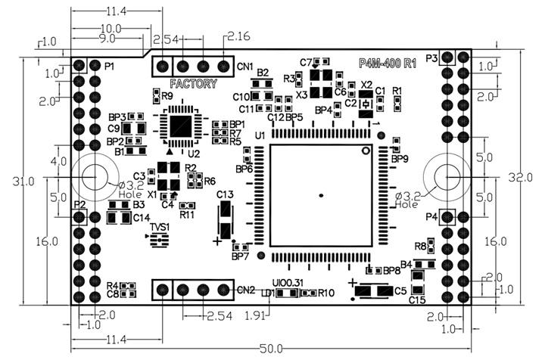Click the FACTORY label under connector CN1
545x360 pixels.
pyautogui.click(x=193, y=83)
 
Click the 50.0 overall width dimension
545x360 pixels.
pyautogui.click(x=270, y=349)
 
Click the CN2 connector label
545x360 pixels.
pyautogui.click(x=245, y=290)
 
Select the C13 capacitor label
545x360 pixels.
pyautogui.click(x=225, y=195)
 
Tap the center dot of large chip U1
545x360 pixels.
pyautogui.click(x=321, y=196)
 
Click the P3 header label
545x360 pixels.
pyautogui.click(x=433, y=57)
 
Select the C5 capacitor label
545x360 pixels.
pyautogui.click(x=400, y=290)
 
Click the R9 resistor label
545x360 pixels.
pyautogui.click(x=167, y=96)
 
